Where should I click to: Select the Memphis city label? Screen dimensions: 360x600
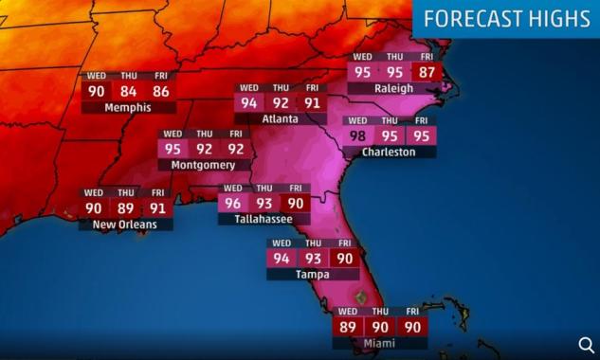pos(128,108)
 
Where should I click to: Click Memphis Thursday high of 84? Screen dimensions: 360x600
pos(128,92)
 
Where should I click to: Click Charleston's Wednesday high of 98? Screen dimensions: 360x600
pos(357,135)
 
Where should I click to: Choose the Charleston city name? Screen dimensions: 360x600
pos(389,152)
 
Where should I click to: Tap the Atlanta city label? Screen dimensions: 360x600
pos(281,119)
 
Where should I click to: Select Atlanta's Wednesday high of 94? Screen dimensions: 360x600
pos(249,103)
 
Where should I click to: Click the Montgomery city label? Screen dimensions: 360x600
pos(203,165)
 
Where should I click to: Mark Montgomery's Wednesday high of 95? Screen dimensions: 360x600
pos(173,149)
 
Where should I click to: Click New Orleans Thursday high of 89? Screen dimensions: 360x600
pos(125,208)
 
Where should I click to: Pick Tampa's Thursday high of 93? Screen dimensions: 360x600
pos(313,259)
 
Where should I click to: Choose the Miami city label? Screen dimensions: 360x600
pos(379,343)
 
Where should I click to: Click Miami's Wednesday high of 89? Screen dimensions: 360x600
pos(348,327)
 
